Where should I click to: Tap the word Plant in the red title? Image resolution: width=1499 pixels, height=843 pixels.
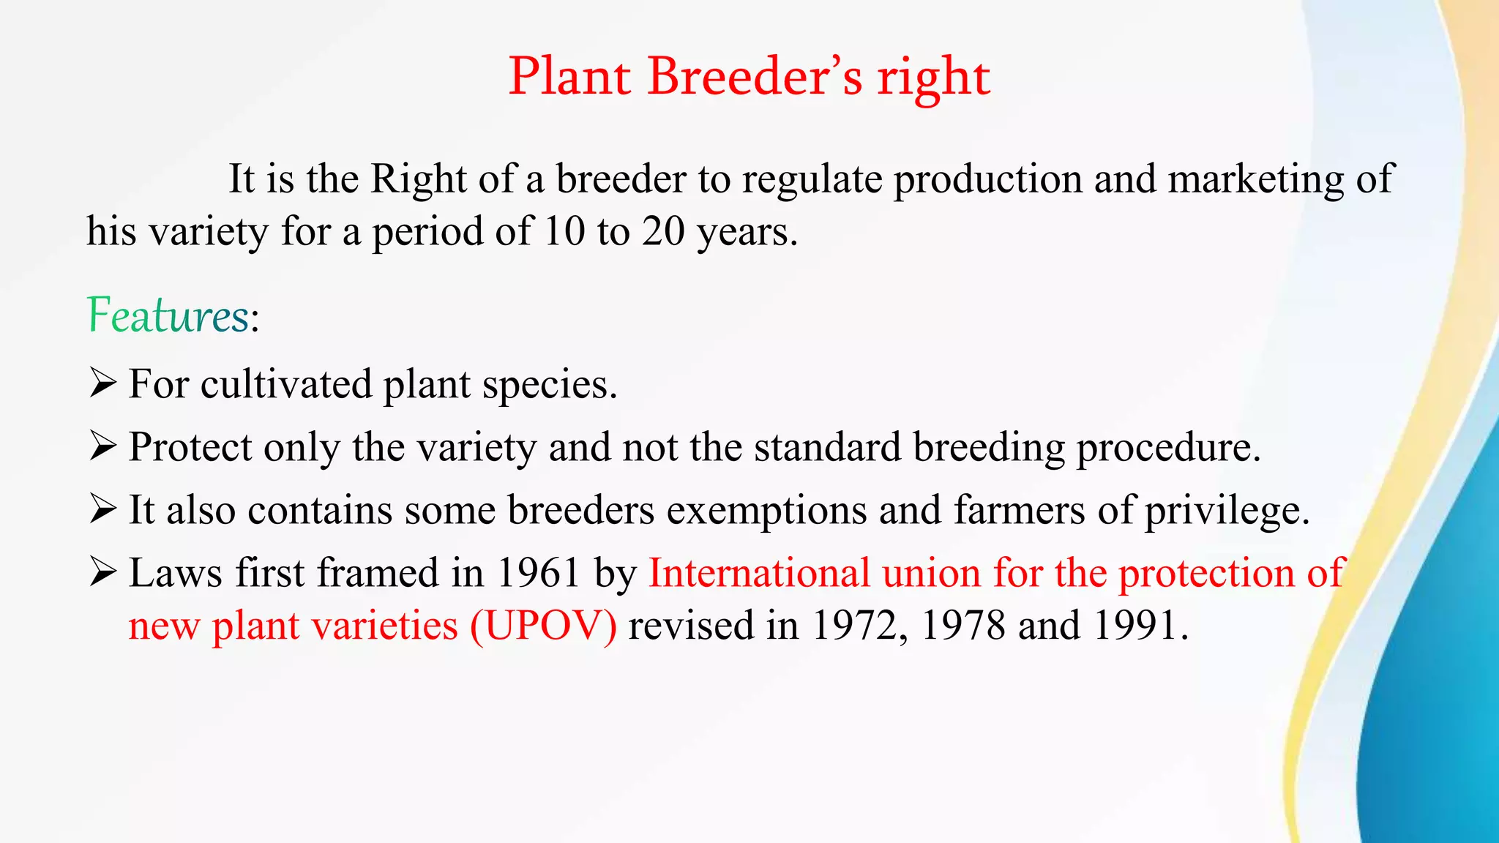pyautogui.click(x=569, y=76)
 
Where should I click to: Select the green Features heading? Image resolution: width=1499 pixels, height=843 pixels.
pyautogui.click(x=168, y=316)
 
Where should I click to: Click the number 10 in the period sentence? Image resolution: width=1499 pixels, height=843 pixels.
pyautogui.click(x=564, y=231)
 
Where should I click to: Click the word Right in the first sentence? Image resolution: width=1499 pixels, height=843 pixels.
pyautogui.click(x=418, y=179)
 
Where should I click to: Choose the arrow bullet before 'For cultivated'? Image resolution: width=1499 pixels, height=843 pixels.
pyautogui.click(x=102, y=383)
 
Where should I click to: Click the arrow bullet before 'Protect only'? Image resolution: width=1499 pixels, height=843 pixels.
pyautogui.click(x=102, y=446)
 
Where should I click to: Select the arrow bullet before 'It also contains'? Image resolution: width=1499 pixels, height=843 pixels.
pyautogui.click(x=102, y=509)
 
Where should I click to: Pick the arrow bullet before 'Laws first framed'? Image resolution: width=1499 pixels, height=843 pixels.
pyautogui.click(x=102, y=572)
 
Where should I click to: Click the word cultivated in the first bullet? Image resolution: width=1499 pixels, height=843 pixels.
pyautogui.click(x=285, y=384)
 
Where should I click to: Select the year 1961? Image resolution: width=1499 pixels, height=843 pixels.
pyautogui.click(x=539, y=573)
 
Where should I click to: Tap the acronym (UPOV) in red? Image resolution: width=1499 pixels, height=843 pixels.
pyautogui.click(x=544, y=626)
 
